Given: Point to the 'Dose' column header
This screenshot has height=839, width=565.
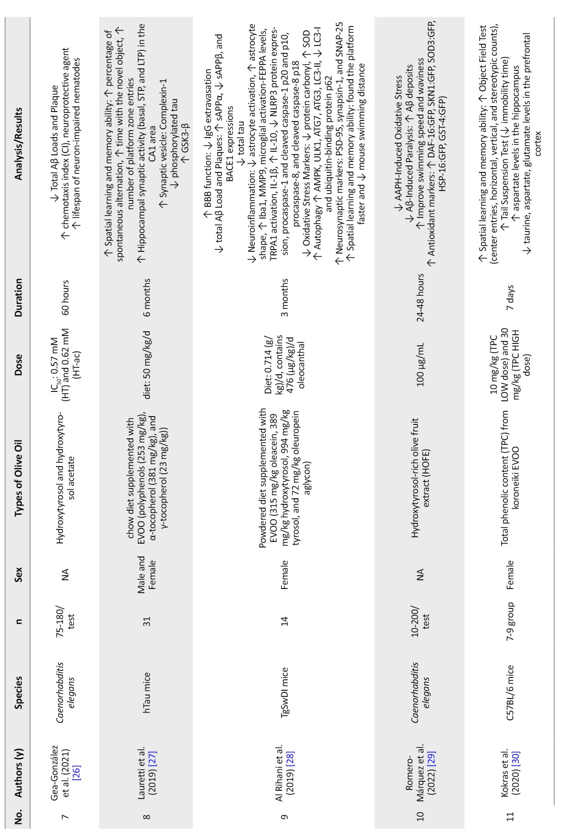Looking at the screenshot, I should [x=18, y=364].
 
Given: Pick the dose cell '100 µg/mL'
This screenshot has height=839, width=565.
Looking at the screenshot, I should [x=420, y=364].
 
